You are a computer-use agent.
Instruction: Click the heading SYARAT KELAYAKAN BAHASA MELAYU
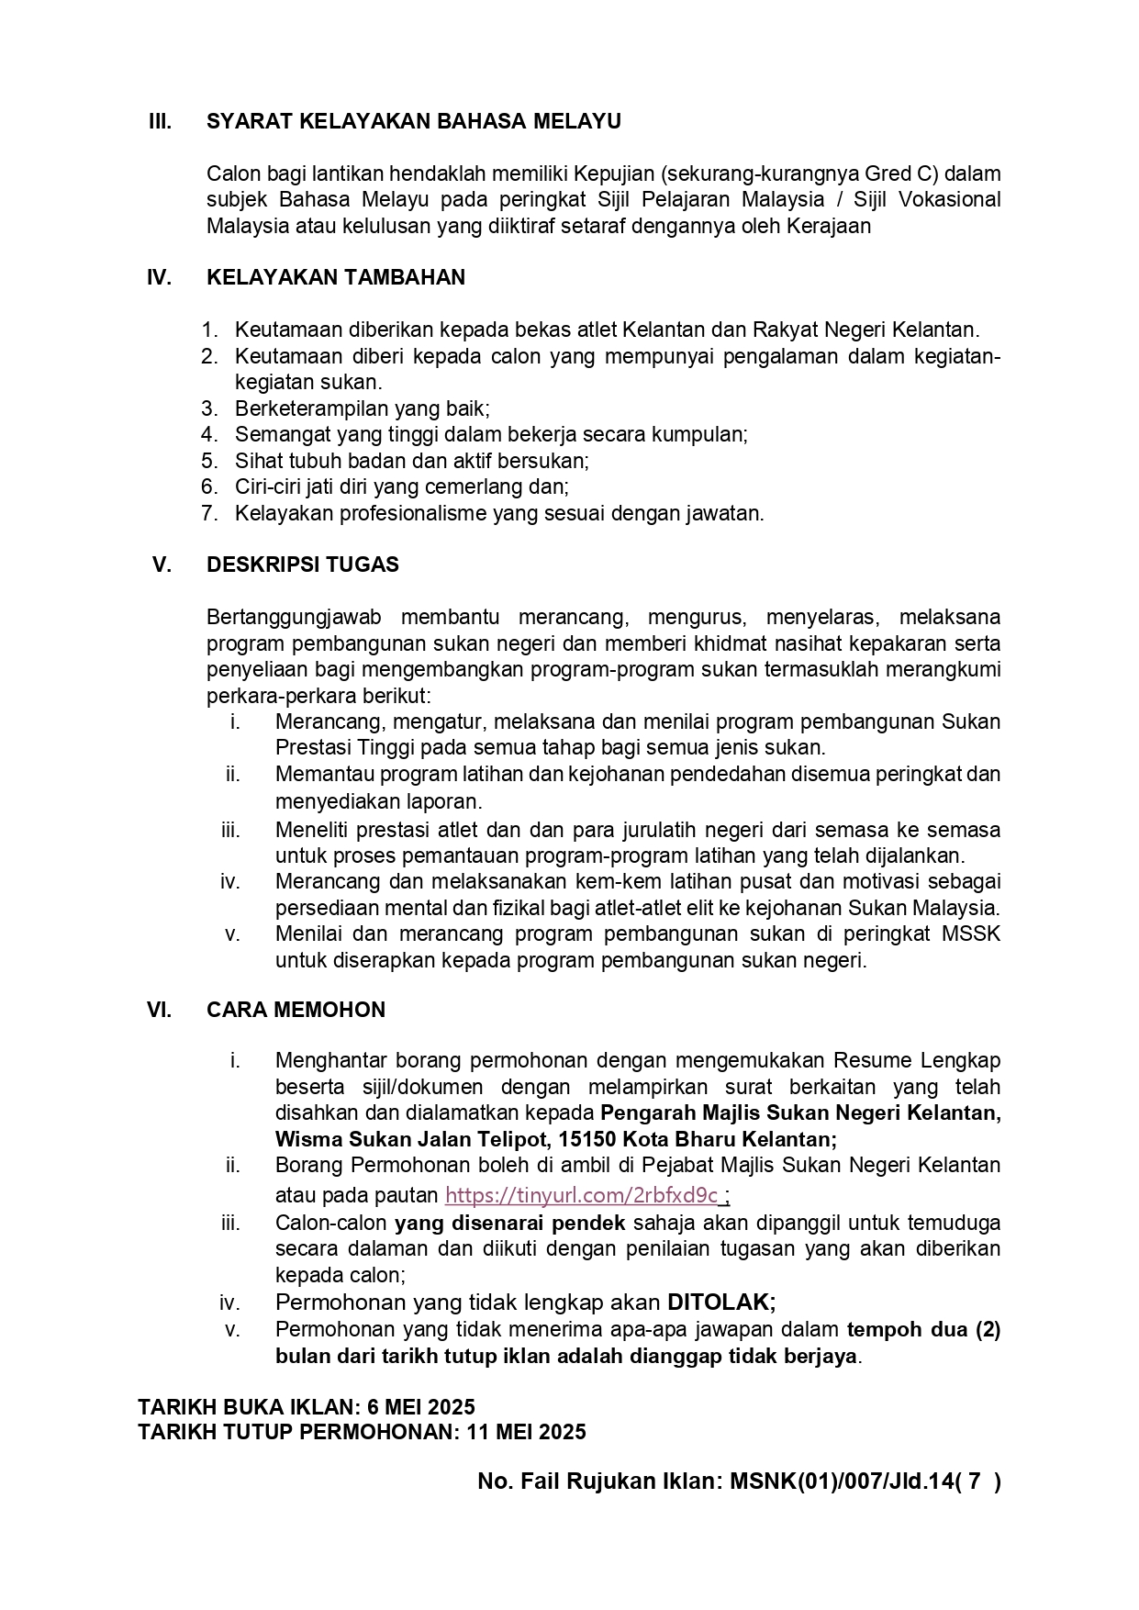coord(413,121)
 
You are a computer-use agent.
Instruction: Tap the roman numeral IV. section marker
coord(159,277)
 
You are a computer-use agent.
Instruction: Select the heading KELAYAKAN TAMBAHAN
coord(336,277)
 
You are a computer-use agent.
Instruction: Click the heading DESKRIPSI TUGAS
coord(303,565)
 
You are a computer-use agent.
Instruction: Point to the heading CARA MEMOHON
coord(296,1010)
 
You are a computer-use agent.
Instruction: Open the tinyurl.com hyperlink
coord(582,1195)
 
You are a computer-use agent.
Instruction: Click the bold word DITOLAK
coord(720,1302)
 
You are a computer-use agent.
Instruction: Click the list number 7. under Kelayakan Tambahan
coord(209,513)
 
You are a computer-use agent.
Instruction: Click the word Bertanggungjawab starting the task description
coord(294,617)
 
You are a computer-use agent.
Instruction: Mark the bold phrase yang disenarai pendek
coord(510,1223)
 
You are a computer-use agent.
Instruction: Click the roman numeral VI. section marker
coord(159,1010)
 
